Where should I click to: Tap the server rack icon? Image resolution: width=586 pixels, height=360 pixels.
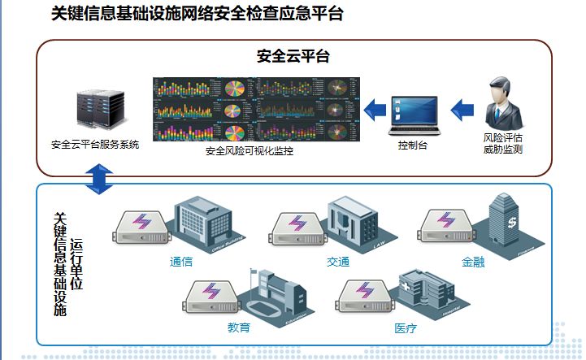95,111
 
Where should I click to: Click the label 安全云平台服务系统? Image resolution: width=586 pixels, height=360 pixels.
95,145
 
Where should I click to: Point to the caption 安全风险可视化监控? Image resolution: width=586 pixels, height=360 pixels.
250,151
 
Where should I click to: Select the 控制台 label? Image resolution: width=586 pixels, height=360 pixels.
413,146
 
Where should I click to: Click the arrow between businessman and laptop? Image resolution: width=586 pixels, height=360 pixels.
462,107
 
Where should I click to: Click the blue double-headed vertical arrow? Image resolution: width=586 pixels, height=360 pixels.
98,179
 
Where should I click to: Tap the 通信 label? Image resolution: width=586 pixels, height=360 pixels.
181,262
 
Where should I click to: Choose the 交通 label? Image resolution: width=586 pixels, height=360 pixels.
338,262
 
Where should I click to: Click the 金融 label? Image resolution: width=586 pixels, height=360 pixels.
473,262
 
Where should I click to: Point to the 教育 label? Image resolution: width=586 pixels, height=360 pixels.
239,328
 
